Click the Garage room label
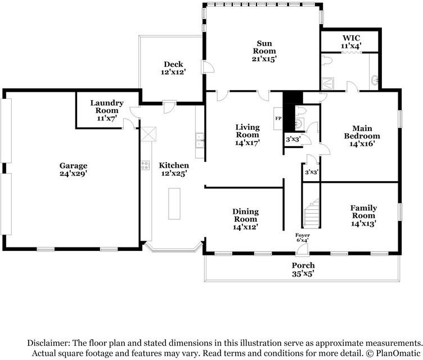tap(73, 169)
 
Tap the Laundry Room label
tap(107, 110)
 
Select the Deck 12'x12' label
tap(173, 67)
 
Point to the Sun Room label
tap(264, 51)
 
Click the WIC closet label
tap(351, 42)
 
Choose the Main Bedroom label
tap(362, 136)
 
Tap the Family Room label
tap(363, 215)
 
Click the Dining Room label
tap(245, 219)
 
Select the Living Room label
tap(247, 134)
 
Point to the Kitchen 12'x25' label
tap(174, 169)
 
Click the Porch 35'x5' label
tap(303, 269)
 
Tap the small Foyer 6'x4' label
tap(303, 237)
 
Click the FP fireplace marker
tap(278, 118)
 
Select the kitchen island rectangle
tap(174, 204)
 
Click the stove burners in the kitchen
tap(145, 165)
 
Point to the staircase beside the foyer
tap(312, 213)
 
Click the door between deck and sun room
tap(207, 67)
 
